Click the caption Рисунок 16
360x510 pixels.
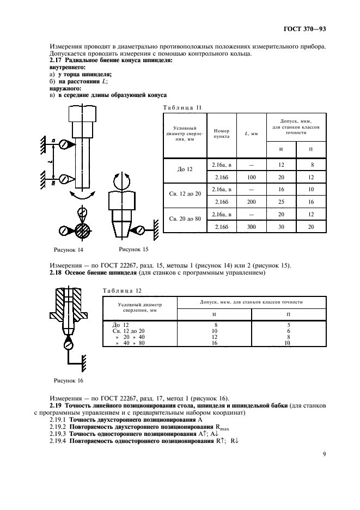click(x=68, y=380)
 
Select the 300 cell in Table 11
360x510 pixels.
click(x=251, y=227)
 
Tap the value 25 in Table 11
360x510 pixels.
click(x=280, y=202)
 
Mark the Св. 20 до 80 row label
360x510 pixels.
click(x=186, y=219)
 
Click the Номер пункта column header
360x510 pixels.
click(x=222, y=134)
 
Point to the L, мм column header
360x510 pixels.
click(x=251, y=134)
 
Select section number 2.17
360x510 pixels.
click(x=56, y=60)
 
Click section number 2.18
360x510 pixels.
click(x=56, y=272)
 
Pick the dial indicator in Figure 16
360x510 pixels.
click(x=68, y=344)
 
